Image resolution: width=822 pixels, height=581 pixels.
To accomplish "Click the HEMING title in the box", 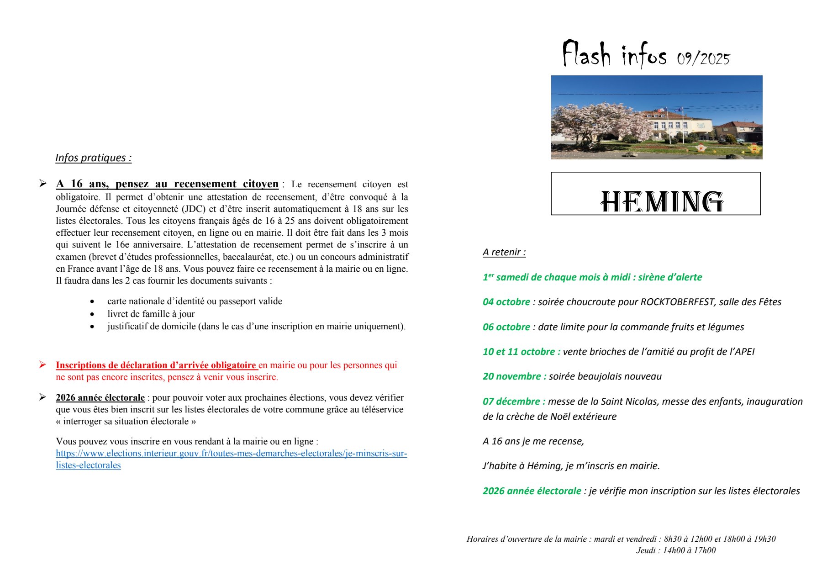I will coord(662,201).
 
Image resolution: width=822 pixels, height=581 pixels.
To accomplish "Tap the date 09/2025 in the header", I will coord(703,59).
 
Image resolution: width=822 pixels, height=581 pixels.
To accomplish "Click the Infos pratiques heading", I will coord(93,158).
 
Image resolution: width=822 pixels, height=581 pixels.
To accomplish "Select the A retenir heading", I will coord(504,252).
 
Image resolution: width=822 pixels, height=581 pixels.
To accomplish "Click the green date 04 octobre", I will coord(506,302).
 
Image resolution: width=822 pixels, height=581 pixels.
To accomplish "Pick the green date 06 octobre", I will coord(506,327).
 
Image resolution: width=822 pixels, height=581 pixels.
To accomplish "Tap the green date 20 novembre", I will coord(514,376).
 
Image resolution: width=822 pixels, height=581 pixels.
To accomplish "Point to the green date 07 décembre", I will coord(514,401).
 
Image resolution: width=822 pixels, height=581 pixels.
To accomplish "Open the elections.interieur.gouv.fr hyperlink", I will coord(231,454).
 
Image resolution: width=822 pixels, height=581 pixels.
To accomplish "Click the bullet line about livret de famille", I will coord(151,314).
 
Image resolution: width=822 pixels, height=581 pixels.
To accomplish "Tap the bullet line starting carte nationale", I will coord(195,301).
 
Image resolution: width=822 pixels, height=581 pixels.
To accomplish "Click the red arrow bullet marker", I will coord(42,364).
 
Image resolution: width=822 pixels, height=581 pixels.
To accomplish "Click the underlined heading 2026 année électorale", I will coord(100,398).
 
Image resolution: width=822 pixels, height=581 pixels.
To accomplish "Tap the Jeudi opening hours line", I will coord(675,550).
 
